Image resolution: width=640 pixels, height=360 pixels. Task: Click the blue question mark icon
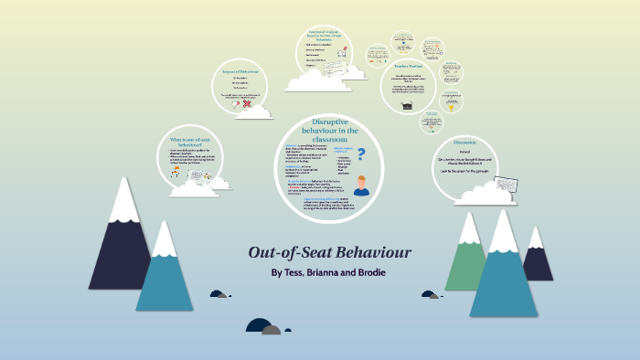(361, 155)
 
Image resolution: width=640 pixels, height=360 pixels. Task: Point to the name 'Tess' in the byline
(293, 273)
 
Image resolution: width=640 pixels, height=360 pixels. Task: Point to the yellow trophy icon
(450, 107)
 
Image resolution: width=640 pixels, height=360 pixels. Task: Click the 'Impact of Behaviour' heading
(241, 71)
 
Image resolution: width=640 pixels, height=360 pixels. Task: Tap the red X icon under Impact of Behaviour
(236, 103)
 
